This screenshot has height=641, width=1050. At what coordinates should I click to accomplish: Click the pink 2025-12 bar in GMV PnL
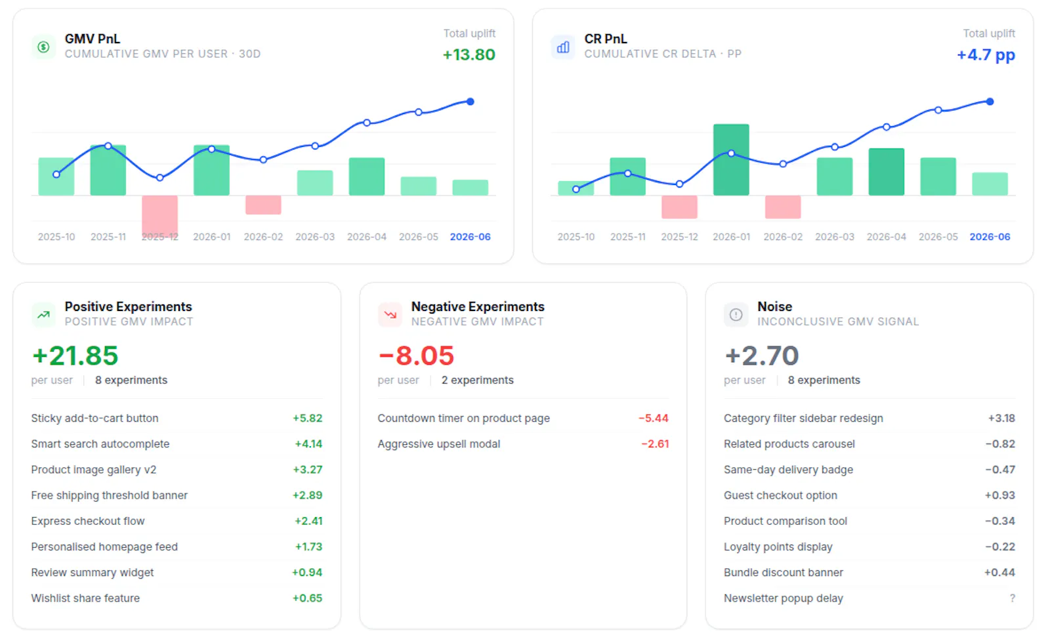point(160,217)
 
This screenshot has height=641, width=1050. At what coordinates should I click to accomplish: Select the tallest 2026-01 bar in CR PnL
point(731,159)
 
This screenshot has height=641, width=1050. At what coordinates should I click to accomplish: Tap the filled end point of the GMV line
point(470,102)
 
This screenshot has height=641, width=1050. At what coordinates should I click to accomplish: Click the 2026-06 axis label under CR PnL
point(990,237)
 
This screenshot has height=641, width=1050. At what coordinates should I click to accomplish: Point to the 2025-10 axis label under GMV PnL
point(56,237)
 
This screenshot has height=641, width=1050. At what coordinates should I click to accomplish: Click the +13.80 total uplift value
point(469,54)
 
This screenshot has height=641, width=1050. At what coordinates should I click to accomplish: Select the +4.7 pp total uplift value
point(986,55)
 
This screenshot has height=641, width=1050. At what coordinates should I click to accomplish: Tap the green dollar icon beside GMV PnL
point(43,47)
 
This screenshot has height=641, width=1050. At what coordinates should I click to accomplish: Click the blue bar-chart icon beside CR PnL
point(563,47)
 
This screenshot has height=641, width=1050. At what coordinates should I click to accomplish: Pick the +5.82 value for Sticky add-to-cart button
point(308,418)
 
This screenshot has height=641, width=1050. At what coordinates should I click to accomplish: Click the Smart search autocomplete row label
point(100,444)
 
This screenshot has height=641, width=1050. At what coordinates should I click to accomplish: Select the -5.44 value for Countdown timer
point(654,418)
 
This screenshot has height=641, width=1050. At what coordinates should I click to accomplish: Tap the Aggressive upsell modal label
point(439,444)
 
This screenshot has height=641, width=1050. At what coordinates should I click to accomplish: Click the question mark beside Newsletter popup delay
point(1013,598)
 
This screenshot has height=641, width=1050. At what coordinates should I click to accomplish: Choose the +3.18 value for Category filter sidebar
point(1001,418)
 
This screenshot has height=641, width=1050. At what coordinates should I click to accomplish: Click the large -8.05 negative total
point(416,355)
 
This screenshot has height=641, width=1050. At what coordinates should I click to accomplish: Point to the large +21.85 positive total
point(75,355)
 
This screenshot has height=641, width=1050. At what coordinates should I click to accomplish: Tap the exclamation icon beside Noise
point(736,314)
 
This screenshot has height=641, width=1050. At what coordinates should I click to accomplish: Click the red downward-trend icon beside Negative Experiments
point(390,314)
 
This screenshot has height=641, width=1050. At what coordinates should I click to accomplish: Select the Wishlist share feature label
point(85,598)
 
